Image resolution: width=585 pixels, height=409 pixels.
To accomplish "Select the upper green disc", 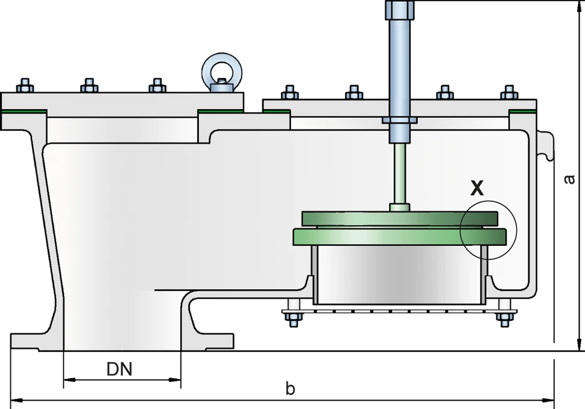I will [400, 217].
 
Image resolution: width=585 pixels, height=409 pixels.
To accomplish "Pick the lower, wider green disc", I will [400, 236].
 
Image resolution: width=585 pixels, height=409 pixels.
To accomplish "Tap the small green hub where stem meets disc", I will [400, 207].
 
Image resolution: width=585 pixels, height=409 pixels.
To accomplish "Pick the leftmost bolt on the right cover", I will [289, 93].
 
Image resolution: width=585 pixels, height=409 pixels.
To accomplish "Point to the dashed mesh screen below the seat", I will [398, 309].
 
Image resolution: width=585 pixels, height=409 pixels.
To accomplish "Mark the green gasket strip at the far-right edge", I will [522, 112].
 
